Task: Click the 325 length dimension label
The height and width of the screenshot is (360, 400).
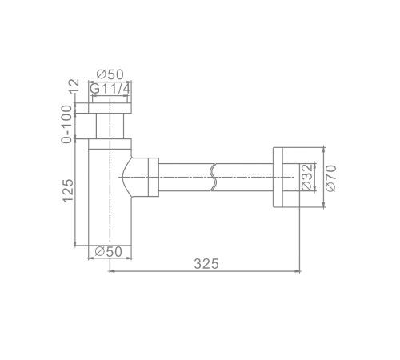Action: [206, 264]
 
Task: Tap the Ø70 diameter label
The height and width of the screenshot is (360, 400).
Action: [330, 178]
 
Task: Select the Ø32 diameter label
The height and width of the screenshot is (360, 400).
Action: [306, 178]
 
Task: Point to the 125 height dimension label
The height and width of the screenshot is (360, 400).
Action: [68, 190]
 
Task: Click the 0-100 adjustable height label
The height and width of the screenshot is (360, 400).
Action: [66, 124]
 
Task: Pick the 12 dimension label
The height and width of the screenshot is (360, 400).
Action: [74, 86]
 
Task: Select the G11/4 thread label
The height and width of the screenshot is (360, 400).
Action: [110, 89]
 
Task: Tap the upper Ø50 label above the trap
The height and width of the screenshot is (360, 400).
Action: [110, 74]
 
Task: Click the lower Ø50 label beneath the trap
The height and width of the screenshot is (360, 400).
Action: [109, 251]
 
